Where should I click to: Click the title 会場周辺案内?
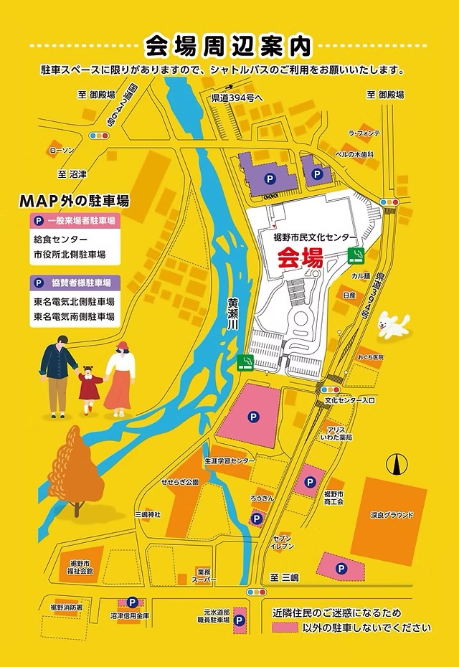[x=229, y=46]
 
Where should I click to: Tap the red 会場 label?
[x=300, y=258]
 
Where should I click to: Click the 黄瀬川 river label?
[x=233, y=314]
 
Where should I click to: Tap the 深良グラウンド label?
[x=392, y=514]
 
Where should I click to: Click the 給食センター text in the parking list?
[x=60, y=239]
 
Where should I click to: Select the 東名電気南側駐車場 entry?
[x=74, y=316]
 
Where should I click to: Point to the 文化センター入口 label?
[x=350, y=399]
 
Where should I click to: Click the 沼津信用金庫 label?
[x=131, y=616]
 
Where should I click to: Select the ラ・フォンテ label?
[x=364, y=133]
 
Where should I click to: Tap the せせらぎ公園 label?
[x=179, y=483]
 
